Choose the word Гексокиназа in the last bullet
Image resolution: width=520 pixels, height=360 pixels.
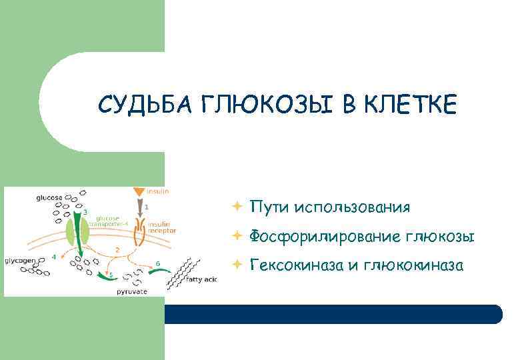(x=297, y=265)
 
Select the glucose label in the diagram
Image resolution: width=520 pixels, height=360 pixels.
(x=50, y=198)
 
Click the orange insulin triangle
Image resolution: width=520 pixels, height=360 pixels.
(x=139, y=192)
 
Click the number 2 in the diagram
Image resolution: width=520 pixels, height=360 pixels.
(x=117, y=249)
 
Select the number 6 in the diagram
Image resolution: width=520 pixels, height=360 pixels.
(x=158, y=263)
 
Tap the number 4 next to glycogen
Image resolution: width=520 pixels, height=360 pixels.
(x=53, y=257)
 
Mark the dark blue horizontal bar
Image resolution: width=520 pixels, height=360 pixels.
(x=333, y=314)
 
